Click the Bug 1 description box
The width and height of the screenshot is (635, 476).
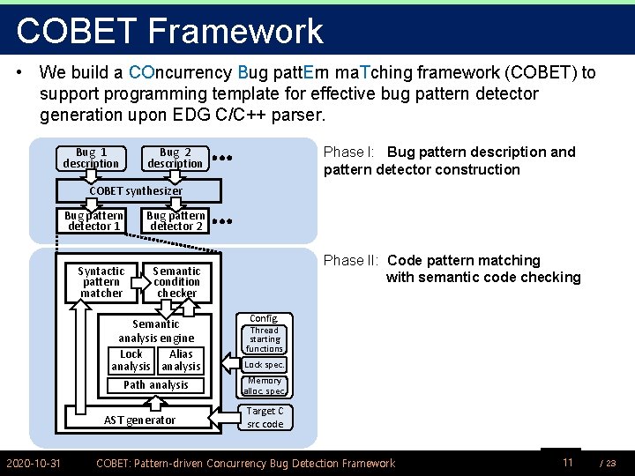[91, 159]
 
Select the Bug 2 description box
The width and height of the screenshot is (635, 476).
[176, 159]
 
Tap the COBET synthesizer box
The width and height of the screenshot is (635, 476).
[138, 190]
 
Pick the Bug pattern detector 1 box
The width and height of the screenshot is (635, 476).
[92, 220]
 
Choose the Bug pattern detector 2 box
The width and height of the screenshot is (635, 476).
[175, 220]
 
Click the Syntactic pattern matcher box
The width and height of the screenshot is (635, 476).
[101, 283]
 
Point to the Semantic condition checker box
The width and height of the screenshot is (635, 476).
[177, 283]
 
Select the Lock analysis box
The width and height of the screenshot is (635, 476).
[131, 361]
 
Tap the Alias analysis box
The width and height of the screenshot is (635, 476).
[181, 361]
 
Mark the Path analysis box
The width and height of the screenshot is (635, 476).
[156, 385]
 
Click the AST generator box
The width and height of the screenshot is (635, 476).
[139, 417]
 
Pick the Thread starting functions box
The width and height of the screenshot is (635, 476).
[264, 339]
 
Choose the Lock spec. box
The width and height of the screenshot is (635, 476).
[264, 365]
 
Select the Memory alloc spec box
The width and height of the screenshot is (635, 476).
[264, 386]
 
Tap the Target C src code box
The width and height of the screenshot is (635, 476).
[265, 417]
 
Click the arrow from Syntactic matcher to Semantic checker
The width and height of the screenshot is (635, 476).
[141, 283]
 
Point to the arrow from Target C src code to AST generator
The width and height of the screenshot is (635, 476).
[223, 417]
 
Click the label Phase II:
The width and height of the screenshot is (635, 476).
[351, 260]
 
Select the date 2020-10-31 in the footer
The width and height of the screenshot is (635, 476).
[34, 463]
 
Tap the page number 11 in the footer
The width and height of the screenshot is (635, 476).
[568, 462]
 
